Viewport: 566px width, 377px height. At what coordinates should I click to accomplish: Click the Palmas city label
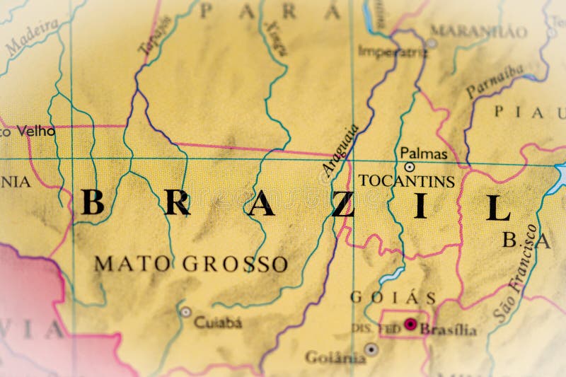[423, 153]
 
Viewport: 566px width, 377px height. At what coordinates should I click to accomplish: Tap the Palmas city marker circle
[409, 168]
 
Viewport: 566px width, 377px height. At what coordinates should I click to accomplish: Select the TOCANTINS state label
[406, 181]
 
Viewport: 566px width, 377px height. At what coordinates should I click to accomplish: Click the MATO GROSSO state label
[191, 264]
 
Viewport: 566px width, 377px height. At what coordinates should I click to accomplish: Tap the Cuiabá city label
[218, 323]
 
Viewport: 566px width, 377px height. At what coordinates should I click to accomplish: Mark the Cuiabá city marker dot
[185, 311]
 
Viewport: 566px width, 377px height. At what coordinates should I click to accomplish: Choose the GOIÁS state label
[393, 297]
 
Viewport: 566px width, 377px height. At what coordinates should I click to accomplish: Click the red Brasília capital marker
[410, 325]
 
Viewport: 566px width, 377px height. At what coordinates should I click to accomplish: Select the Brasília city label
[448, 330]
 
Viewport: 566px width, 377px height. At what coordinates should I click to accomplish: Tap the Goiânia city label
[335, 357]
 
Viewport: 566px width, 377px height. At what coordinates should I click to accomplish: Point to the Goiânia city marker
[371, 349]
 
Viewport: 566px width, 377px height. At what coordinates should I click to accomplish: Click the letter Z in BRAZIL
[343, 204]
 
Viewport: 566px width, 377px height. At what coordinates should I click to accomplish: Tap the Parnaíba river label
[495, 80]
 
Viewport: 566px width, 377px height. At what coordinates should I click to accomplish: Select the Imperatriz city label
[393, 50]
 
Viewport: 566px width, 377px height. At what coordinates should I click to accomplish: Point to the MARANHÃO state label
[479, 30]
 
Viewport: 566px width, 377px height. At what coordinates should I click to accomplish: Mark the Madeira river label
[31, 37]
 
